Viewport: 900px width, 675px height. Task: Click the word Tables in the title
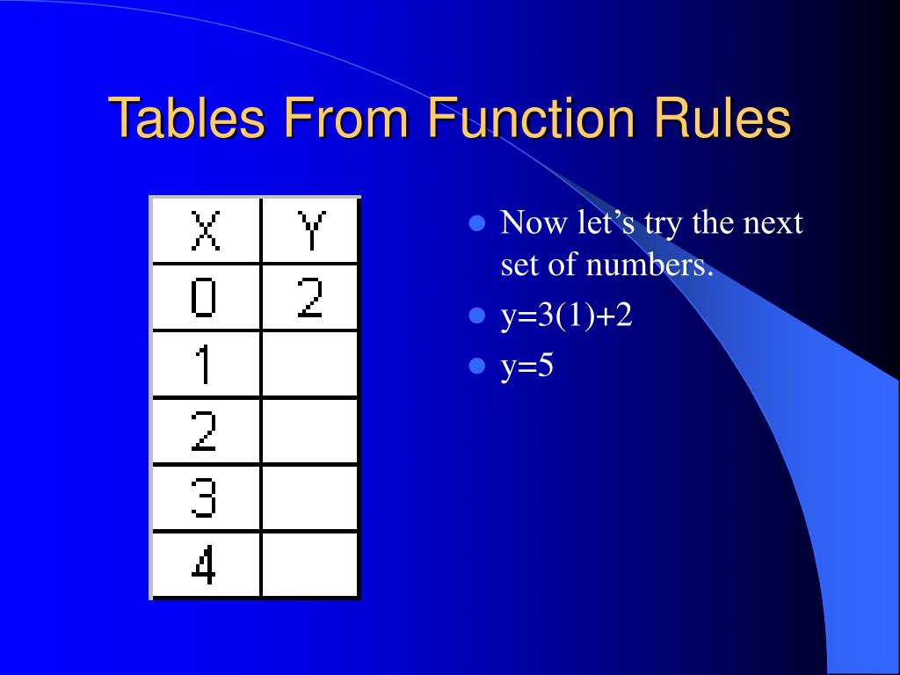(x=185, y=119)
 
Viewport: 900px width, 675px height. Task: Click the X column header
(x=206, y=230)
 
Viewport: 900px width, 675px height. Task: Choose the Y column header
(x=310, y=230)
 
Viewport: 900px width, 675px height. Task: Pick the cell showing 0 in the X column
(x=206, y=298)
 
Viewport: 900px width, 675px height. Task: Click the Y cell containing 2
(x=310, y=298)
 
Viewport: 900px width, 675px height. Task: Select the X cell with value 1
(x=206, y=365)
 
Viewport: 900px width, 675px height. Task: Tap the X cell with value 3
(x=206, y=498)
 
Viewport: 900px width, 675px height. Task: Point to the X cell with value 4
(x=206, y=565)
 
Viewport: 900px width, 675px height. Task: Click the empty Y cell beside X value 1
(x=310, y=365)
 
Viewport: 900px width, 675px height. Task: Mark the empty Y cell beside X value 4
(x=310, y=565)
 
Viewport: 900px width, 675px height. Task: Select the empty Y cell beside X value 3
(x=310, y=498)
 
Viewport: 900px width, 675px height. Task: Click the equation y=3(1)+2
(x=567, y=316)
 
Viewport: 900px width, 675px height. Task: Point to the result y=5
(x=527, y=366)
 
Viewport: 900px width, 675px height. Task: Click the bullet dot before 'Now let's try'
(x=478, y=223)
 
